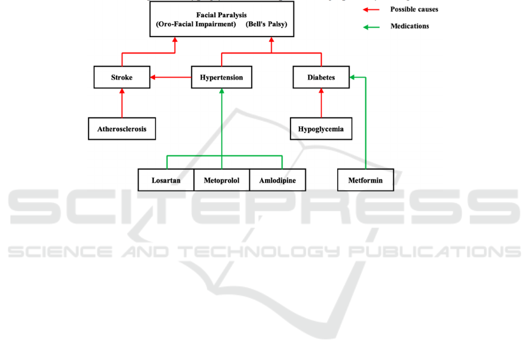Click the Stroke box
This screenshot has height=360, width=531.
[x=122, y=77]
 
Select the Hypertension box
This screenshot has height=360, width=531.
[x=221, y=77]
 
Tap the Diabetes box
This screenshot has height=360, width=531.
[x=321, y=77]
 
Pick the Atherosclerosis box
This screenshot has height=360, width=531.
[x=122, y=128]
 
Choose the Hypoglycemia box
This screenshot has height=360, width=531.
[x=321, y=128]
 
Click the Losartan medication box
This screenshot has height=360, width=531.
[x=166, y=180]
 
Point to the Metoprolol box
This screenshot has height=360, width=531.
[x=222, y=180]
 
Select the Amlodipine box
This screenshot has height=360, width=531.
[x=278, y=180]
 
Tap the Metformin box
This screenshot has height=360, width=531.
[x=365, y=180]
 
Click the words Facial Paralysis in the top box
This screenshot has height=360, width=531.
[x=221, y=14]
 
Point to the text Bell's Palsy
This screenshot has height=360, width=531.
[x=266, y=24]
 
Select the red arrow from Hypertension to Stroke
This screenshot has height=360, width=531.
[x=171, y=77]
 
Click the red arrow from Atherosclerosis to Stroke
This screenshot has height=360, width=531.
[x=122, y=103]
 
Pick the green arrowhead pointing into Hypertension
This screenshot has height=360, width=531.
[x=222, y=92]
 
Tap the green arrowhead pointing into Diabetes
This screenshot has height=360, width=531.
[x=352, y=77]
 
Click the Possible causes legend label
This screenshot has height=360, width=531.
[x=414, y=9]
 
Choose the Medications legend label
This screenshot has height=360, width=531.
[x=410, y=27]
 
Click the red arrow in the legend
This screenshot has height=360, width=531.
[x=371, y=9]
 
